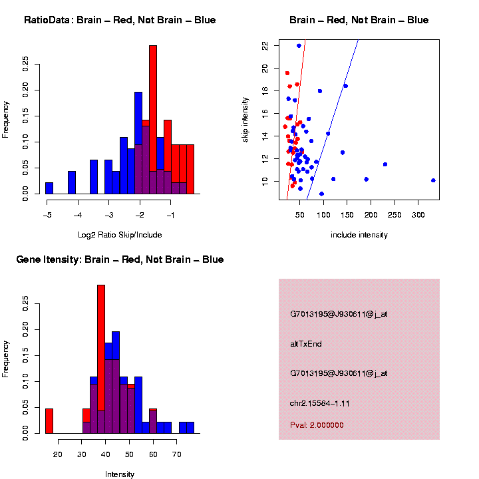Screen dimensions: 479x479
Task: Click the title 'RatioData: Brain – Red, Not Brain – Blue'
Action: (120, 20)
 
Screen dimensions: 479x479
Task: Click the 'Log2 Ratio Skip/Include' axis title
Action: (120, 235)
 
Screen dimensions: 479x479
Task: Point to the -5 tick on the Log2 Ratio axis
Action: (47, 215)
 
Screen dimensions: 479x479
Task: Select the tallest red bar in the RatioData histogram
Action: (153, 120)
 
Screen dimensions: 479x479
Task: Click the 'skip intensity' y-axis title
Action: (245, 118)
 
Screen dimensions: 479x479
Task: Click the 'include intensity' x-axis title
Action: (359, 235)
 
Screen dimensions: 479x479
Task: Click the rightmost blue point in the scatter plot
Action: (433, 180)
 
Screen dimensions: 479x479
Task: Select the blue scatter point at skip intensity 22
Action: (299, 46)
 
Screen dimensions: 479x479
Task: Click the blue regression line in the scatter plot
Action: (333, 120)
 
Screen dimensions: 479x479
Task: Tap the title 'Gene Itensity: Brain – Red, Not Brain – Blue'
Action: (120, 259)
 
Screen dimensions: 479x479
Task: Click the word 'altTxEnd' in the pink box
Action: (306, 344)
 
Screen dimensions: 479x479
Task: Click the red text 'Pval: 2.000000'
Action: (317, 425)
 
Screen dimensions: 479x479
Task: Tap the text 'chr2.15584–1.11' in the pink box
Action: (320, 404)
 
